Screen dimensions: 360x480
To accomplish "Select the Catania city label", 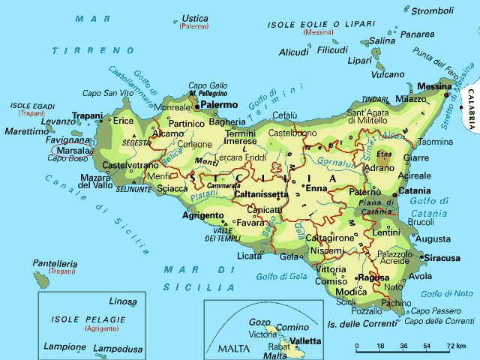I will click(414, 190).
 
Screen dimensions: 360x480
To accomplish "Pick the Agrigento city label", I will click(203, 215).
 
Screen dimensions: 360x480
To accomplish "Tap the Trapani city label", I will click(86, 115).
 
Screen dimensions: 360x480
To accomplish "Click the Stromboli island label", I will click(433, 10).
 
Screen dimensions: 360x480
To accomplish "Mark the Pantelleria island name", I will click(55, 263).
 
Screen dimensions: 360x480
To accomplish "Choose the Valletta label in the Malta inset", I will click(305, 341).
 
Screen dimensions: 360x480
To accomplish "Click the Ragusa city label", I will click(373, 277).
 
